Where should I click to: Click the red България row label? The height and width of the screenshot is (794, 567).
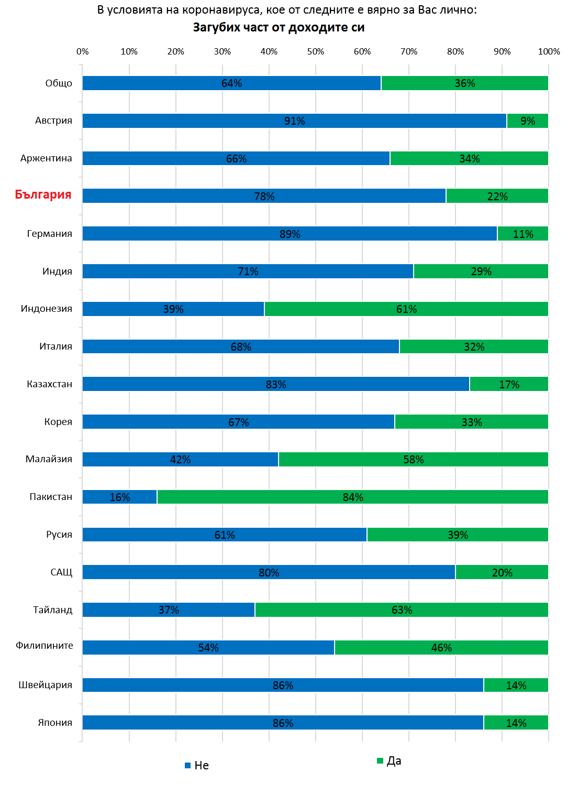click(x=43, y=195)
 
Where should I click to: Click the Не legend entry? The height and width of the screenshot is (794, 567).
click(x=197, y=766)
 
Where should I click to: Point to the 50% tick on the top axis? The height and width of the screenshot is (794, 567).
click(x=316, y=51)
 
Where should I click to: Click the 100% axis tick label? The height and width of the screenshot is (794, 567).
click(x=549, y=51)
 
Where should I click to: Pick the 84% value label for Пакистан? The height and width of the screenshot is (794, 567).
click(x=353, y=497)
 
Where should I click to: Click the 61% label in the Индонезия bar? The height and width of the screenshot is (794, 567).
click(x=406, y=309)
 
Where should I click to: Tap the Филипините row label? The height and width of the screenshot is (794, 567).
click(x=45, y=646)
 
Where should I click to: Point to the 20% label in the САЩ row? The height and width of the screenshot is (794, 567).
click(x=502, y=573)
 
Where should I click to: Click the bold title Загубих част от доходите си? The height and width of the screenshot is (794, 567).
click(x=279, y=27)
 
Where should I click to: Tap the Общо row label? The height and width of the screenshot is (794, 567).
click(x=59, y=83)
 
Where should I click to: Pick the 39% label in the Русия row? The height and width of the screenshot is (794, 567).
click(x=458, y=535)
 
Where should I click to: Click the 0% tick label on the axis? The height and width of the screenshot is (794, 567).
click(x=83, y=51)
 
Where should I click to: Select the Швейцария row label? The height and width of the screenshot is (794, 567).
click(x=46, y=685)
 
